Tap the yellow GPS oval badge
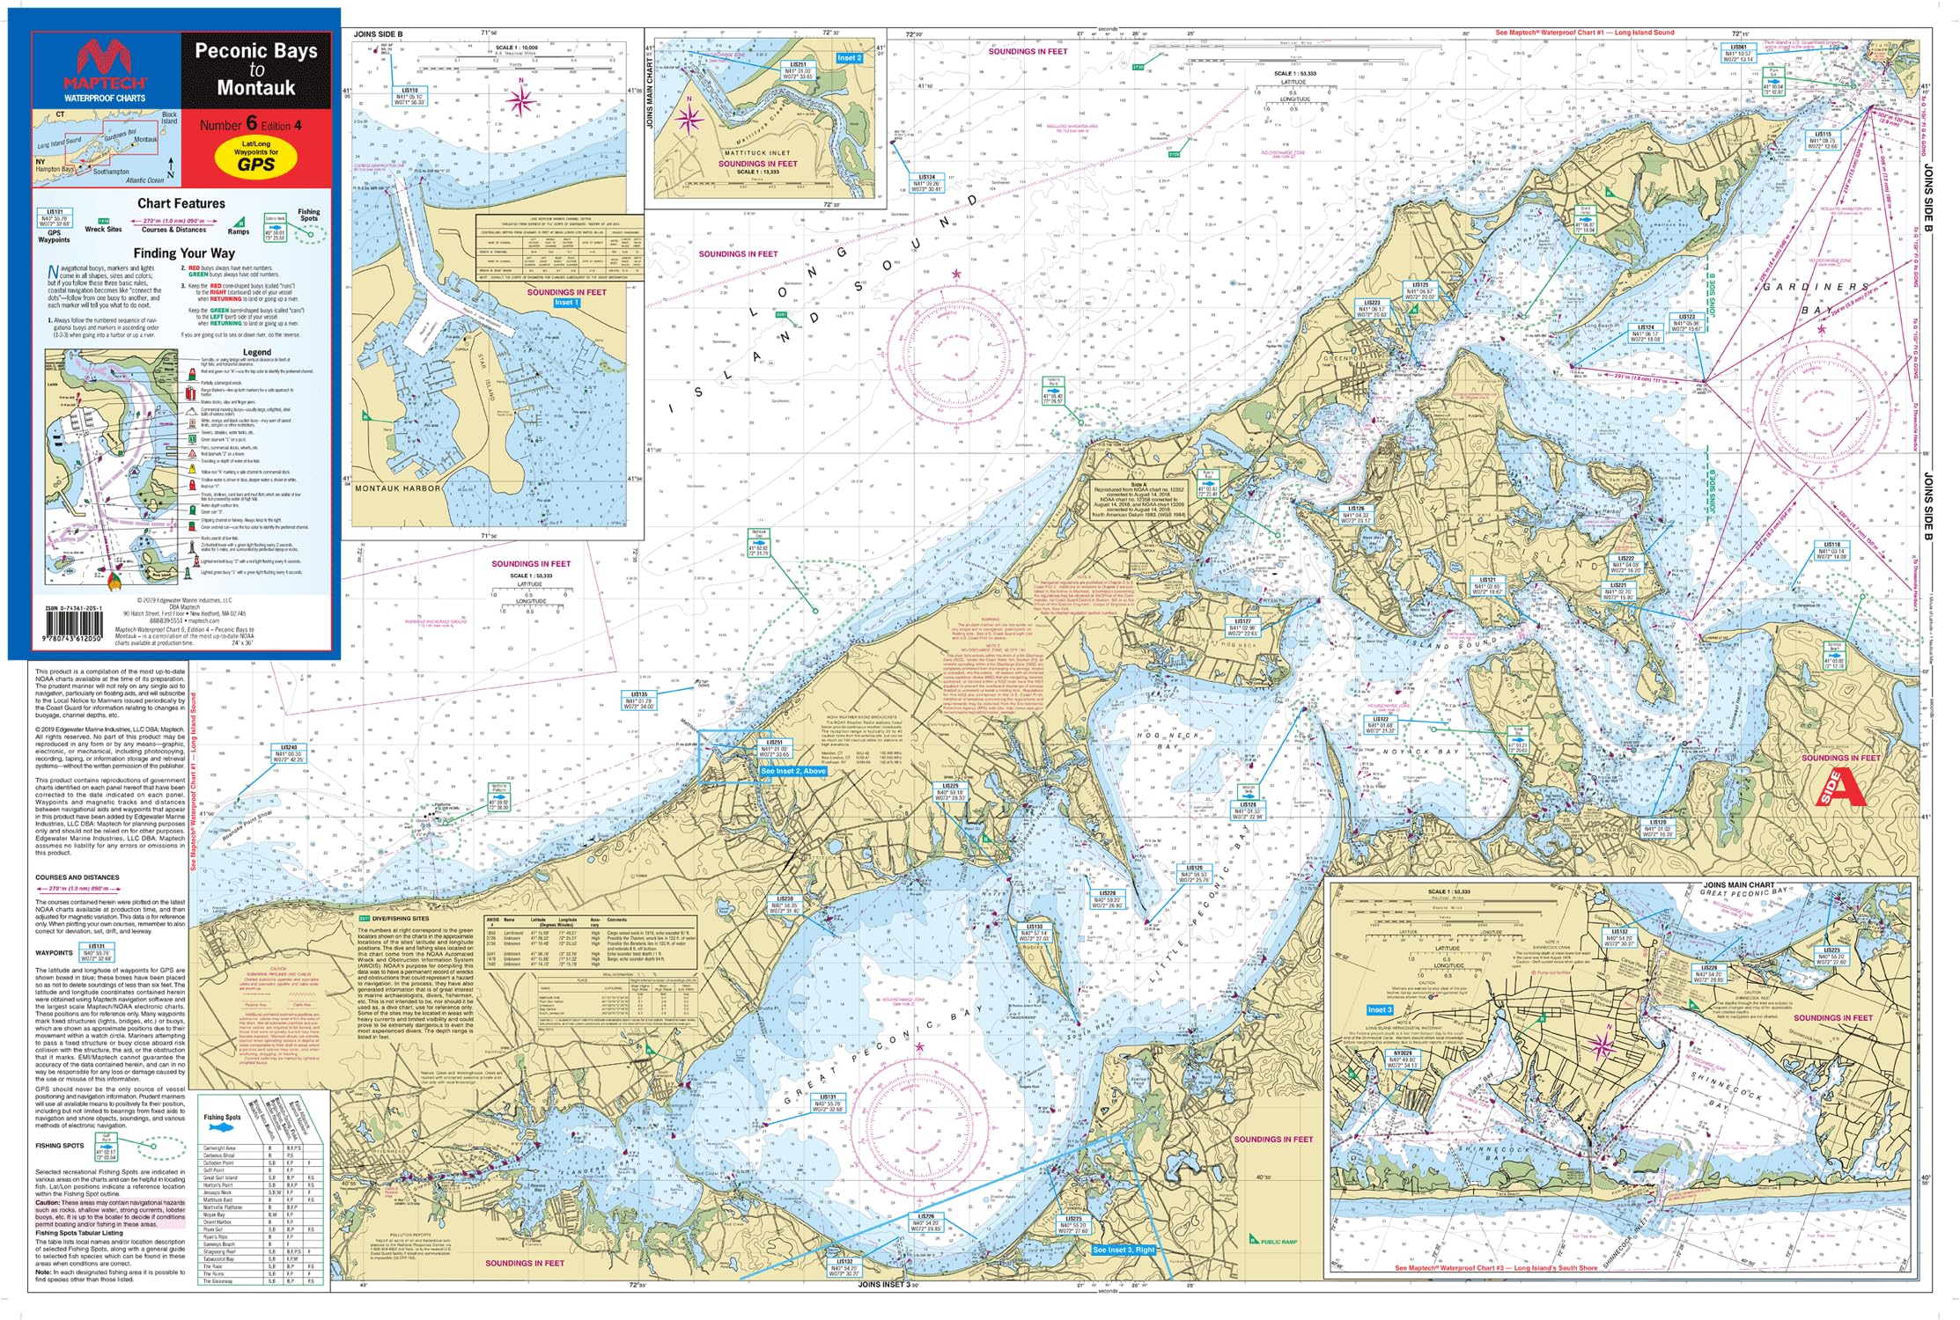click(256, 158)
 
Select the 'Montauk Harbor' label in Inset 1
click(397, 488)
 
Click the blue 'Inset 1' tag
click(566, 303)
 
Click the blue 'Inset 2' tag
click(849, 58)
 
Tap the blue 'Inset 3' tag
click(1380, 1009)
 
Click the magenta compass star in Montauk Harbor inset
click(521, 102)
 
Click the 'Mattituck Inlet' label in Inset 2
click(757, 153)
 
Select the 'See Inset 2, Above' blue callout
click(793, 771)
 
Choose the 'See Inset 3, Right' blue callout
click(1124, 1250)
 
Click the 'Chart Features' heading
click(181, 203)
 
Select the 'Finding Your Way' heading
click(184, 253)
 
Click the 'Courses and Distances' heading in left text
click(77, 877)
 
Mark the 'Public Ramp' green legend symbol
click(1255, 1240)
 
